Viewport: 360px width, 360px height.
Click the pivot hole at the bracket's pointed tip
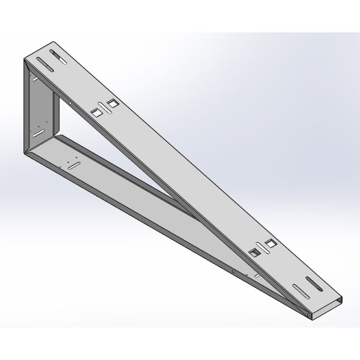[308, 313]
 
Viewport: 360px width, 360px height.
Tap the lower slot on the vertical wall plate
[38, 132]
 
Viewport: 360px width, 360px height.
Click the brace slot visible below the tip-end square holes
[255, 277]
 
